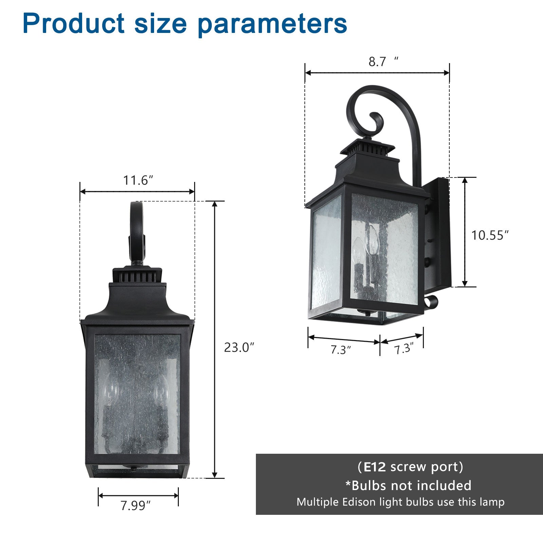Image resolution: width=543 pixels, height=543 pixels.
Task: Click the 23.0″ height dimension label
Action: point(239,348)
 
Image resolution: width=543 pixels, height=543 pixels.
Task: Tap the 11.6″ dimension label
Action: point(137,180)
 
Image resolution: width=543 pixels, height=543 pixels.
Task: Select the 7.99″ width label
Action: point(135,506)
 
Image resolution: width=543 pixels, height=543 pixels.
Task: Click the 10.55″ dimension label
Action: point(490,235)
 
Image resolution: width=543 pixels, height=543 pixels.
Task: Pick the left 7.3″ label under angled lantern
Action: point(340,350)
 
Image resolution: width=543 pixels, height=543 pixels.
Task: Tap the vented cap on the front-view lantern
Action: point(137,275)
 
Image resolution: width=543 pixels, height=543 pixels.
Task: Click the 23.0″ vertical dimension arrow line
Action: point(214,339)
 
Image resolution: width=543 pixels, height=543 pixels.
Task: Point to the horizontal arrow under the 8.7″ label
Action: point(377,73)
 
